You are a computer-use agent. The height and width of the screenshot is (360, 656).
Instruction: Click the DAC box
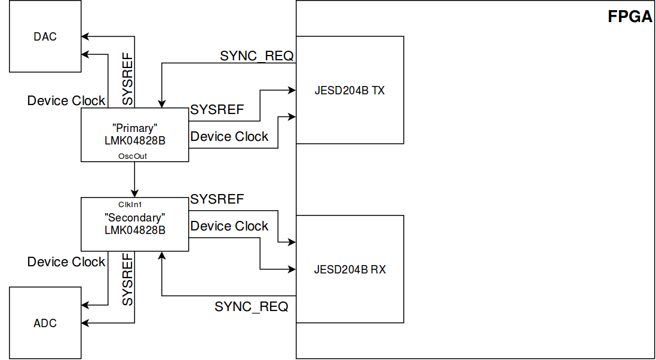[45, 36]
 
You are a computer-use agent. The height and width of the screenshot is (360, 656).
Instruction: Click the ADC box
[45, 323]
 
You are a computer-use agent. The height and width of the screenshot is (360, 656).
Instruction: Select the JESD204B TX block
[350, 90]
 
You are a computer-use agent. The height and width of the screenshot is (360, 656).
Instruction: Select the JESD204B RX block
[350, 269]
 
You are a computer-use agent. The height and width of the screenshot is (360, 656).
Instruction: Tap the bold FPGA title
[630, 17]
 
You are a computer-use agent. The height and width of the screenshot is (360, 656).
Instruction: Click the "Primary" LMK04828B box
[134, 135]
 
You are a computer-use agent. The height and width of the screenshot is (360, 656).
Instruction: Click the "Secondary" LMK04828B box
[134, 224]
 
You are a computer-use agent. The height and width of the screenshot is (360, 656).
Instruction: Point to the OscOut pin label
[134, 156]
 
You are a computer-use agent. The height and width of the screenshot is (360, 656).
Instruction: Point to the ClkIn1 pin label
[134, 204]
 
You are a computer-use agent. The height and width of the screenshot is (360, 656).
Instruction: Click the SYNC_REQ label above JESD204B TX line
[256, 56]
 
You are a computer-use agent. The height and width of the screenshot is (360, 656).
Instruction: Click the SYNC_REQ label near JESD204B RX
[252, 306]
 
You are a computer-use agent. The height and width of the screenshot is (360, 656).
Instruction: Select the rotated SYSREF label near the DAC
[128, 79]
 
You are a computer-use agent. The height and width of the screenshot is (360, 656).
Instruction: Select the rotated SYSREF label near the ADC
[128, 279]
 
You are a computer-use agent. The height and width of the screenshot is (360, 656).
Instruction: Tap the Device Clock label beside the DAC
[66, 101]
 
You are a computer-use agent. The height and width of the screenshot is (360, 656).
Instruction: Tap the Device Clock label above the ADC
[66, 261]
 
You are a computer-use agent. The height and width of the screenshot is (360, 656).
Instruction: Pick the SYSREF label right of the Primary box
[217, 109]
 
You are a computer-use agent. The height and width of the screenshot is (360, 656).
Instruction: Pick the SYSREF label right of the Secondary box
[217, 199]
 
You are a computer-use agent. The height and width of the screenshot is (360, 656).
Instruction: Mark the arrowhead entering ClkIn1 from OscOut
[134, 193]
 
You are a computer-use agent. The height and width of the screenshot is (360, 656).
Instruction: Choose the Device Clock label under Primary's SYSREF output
[229, 136]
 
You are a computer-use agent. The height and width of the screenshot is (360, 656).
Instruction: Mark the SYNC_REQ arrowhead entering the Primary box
[161, 104]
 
